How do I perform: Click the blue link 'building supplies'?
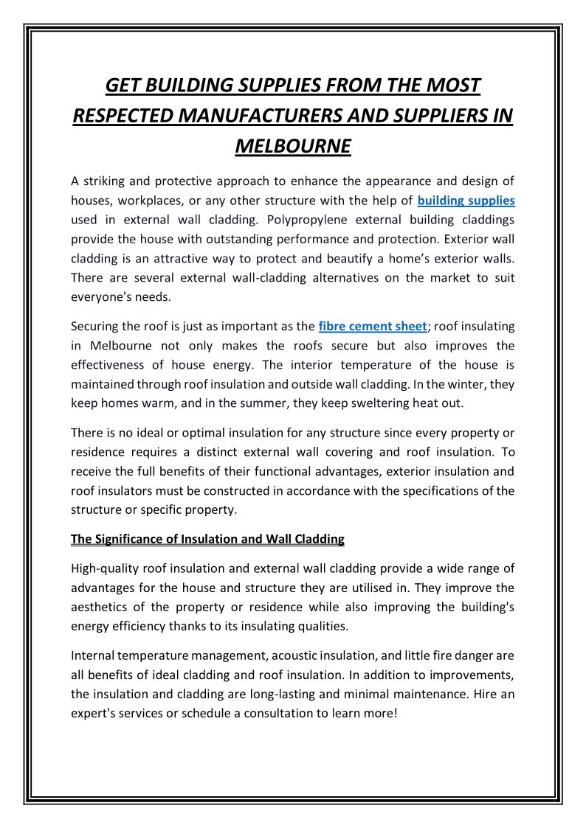pyautogui.click(x=466, y=200)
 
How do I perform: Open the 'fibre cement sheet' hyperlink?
pyautogui.click(x=372, y=326)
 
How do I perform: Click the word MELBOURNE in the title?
pyautogui.click(x=293, y=146)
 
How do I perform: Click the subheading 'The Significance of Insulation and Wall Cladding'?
pyautogui.click(x=207, y=539)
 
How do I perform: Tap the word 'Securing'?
pyautogui.click(x=96, y=326)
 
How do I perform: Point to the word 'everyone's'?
pyautogui.click(x=103, y=297)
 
